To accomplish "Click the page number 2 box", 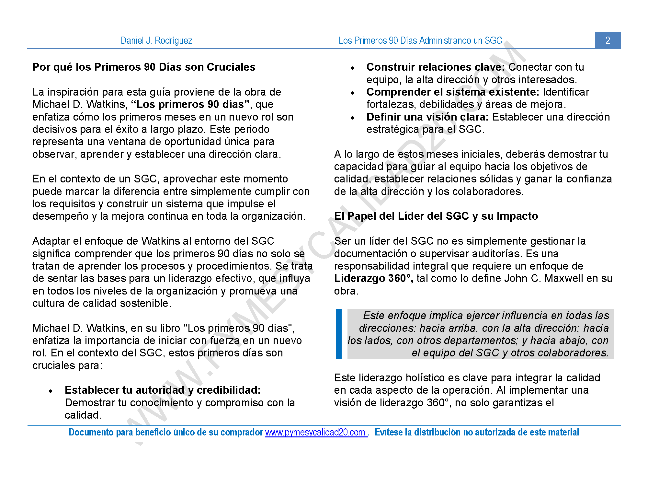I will [608, 40].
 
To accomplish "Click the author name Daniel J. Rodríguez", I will [156, 40].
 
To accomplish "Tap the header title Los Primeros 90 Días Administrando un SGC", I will [420, 40].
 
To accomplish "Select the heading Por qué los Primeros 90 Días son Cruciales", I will [144, 67].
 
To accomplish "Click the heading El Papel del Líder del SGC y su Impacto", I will [436, 216].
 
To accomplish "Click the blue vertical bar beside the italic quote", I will [339, 334].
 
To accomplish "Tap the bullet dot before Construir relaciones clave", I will [353, 68].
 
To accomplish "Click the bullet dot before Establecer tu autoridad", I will [51, 391].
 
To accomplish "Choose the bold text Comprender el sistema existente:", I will [453, 92].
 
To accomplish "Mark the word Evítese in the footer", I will [389, 432].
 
